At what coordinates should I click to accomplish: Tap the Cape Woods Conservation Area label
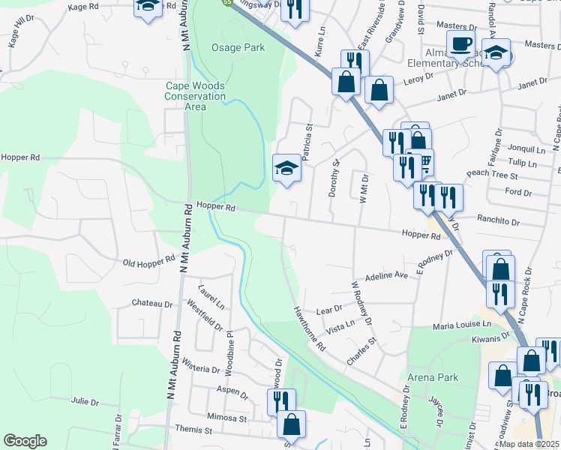tap(196, 96)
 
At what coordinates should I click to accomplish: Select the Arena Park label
tap(432, 376)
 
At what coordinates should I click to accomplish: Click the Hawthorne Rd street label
tap(309, 329)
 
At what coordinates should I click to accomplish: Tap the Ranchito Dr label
tap(499, 221)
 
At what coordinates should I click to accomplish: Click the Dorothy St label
tap(334, 178)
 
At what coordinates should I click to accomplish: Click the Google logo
tap(25, 441)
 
